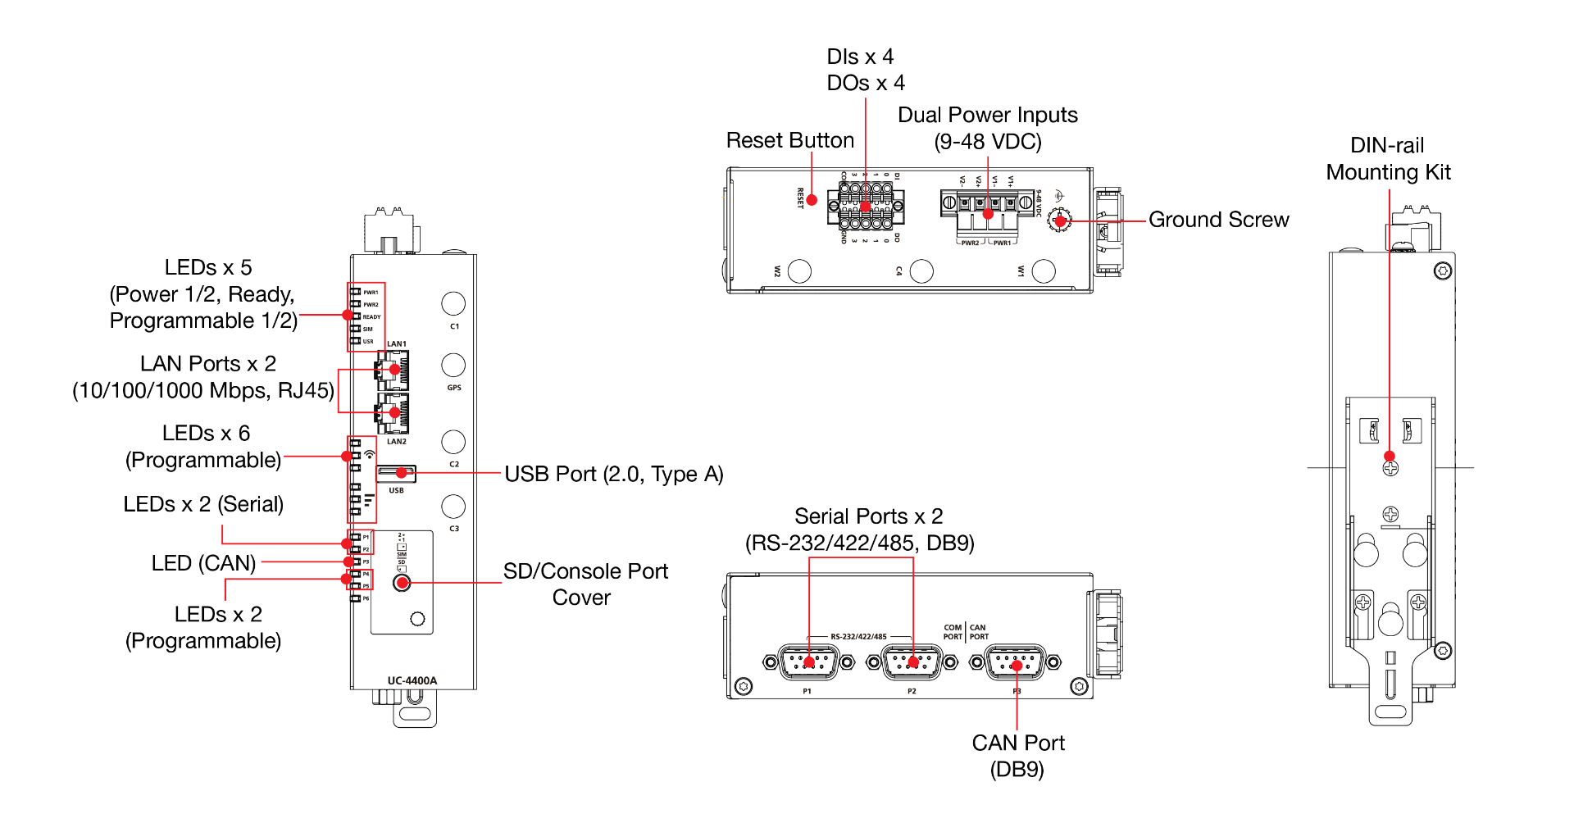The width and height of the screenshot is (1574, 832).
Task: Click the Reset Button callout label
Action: (789, 141)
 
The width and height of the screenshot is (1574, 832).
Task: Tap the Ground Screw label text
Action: (1218, 220)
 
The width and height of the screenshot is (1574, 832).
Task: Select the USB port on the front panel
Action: (397, 474)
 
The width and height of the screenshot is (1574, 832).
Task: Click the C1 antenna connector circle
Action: (453, 303)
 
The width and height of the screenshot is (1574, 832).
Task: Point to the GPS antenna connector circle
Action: (453, 365)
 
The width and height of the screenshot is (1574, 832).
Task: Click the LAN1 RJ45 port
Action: (393, 370)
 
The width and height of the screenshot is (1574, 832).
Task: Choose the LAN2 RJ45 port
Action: (393, 412)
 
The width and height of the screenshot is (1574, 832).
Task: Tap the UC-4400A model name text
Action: (412, 680)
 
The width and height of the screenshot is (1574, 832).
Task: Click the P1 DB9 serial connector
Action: (809, 662)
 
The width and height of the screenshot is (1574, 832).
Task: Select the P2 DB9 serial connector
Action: (912, 662)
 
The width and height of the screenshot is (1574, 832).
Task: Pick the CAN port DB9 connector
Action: (1016, 662)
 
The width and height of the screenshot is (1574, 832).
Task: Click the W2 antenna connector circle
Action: (799, 271)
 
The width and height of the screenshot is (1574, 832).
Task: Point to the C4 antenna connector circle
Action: (921, 271)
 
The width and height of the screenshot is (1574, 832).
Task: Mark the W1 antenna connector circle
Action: (1044, 271)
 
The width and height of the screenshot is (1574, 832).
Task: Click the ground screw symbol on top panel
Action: (1060, 221)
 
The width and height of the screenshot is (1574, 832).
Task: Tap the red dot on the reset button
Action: (812, 199)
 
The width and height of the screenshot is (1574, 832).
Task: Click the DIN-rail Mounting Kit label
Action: (1388, 159)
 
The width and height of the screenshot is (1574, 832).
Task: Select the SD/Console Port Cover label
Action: (585, 584)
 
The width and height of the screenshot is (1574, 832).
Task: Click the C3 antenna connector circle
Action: (453, 507)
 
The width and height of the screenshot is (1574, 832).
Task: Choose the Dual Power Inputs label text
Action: (987, 128)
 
